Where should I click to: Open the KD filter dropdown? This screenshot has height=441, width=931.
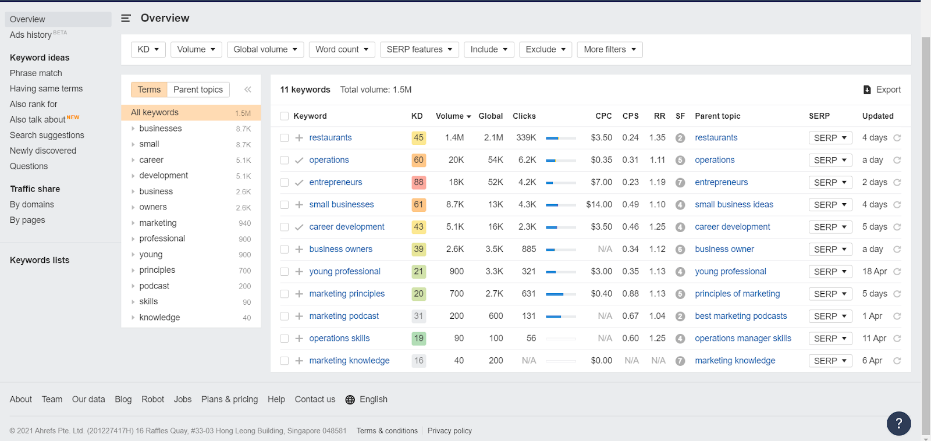[148, 49]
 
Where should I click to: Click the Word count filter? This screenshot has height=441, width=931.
[342, 49]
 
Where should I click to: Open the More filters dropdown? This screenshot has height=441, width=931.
[609, 49]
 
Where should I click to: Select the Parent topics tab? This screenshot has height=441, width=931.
[198, 90]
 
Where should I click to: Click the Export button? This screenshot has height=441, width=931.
[882, 90]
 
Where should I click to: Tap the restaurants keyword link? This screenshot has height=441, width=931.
[331, 138]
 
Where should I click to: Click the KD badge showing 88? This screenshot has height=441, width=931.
[418, 182]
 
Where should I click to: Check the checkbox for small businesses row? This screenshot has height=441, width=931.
[285, 205]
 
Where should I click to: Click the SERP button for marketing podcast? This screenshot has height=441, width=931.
[830, 316]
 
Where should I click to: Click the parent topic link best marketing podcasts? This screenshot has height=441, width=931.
[741, 316]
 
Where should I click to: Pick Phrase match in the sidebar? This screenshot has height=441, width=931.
[36, 73]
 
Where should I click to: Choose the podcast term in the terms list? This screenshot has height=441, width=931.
[154, 286]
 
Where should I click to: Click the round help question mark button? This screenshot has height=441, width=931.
[898, 423]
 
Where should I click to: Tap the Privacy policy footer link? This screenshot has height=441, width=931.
[450, 431]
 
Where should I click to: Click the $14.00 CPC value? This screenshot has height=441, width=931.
[599, 205]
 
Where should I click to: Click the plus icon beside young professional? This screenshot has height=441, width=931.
[299, 272]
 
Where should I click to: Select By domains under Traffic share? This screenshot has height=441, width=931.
[32, 205]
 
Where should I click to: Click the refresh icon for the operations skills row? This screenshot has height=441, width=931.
[897, 339]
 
